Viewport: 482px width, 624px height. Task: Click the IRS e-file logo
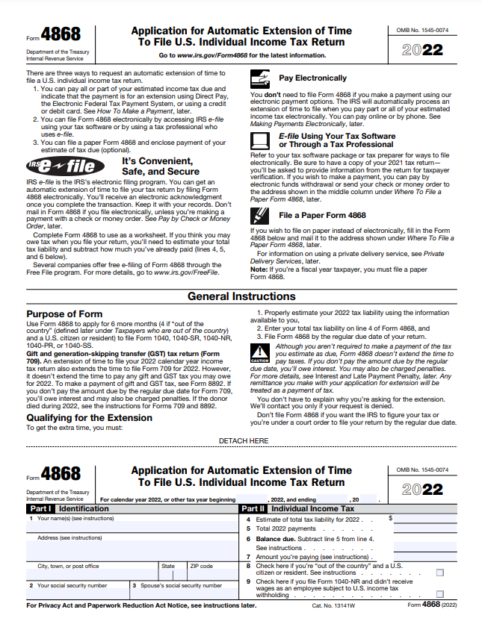(61, 166)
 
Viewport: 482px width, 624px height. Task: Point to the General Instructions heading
(241, 296)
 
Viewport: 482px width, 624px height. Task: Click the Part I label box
(38, 508)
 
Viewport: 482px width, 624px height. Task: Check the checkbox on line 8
(439, 572)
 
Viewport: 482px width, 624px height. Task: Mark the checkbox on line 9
(439, 594)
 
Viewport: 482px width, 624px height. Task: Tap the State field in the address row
(172, 574)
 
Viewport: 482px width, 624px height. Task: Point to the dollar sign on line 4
(390, 517)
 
